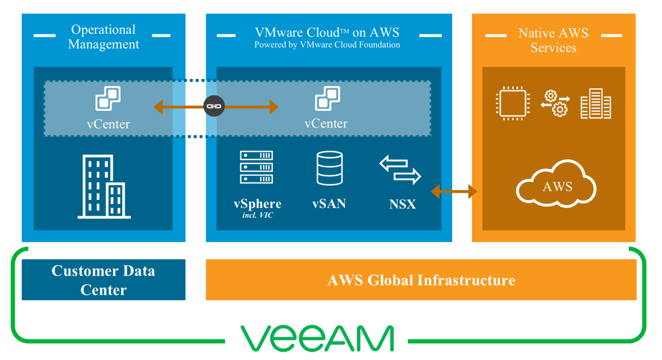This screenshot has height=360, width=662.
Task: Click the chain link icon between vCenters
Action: point(215,107)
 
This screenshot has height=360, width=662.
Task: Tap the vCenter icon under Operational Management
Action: point(108,99)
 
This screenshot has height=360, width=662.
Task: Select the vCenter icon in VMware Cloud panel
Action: point(327,99)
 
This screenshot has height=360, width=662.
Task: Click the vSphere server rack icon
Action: point(257,167)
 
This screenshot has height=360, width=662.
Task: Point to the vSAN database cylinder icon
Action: point(329,168)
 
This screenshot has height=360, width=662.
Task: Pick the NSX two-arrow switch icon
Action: point(401,170)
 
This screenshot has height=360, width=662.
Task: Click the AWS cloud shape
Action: point(556,186)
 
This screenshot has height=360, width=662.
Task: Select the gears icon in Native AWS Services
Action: point(555,103)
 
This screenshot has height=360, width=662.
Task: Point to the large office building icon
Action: point(104,187)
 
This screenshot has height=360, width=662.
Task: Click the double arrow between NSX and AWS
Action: point(454,191)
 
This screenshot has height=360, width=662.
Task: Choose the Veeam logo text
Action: point(317,338)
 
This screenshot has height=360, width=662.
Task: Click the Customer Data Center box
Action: point(103,279)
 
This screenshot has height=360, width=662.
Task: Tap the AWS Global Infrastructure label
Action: point(421,280)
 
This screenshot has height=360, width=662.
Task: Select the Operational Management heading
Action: point(103,37)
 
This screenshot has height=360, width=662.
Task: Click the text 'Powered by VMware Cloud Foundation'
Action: point(327,45)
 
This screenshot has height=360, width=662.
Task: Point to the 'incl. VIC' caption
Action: point(257,217)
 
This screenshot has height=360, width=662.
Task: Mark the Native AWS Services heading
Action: point(553,40)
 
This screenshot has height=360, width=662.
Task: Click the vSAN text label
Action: point(329,204)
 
